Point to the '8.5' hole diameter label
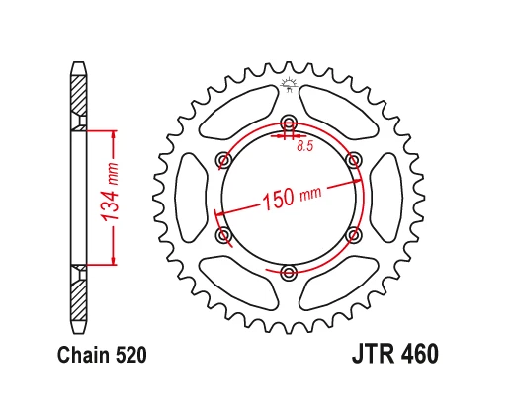306,148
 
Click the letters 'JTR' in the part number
371,353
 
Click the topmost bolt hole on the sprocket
289,123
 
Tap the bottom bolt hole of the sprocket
289,272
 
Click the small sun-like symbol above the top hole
289,83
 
